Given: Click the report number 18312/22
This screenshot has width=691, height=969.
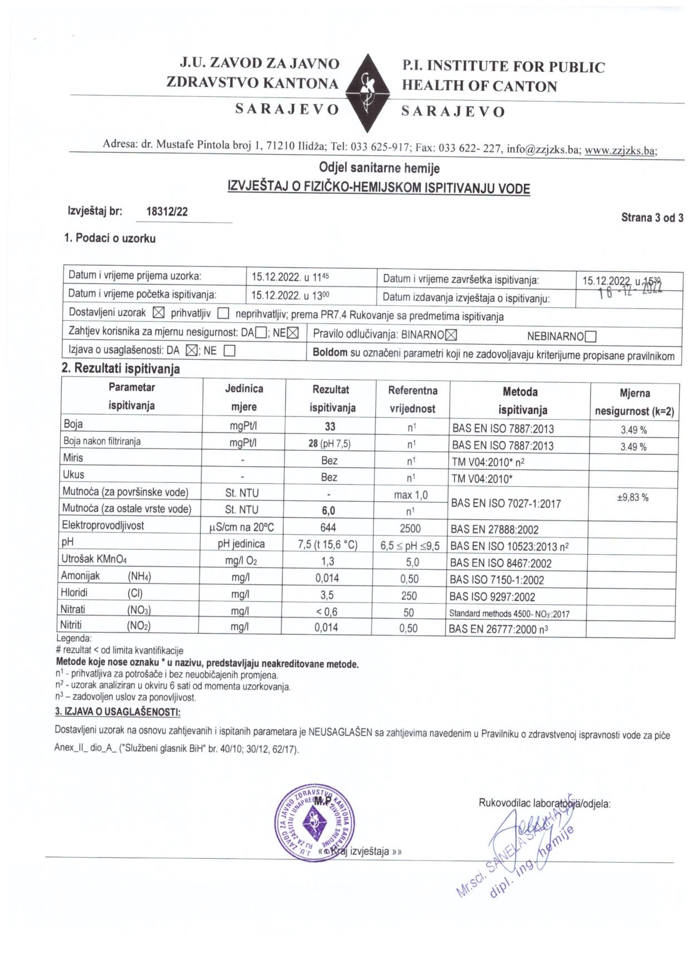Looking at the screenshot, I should click(167, 212).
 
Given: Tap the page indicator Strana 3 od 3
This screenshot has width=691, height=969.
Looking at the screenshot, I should click(652, 218).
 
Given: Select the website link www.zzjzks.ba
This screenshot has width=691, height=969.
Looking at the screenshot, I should click(620, 151).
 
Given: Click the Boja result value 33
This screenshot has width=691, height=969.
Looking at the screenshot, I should click(330, 427).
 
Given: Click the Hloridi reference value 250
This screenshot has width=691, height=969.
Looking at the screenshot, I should click(409, 596).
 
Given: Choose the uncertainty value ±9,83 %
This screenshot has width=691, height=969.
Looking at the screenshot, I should click(632, 497).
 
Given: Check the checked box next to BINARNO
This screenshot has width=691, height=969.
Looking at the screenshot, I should click(451, 335).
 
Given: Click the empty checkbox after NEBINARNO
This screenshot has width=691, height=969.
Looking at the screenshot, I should click(591, 336).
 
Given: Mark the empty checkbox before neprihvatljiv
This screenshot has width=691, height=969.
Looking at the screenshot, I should click(223, 314).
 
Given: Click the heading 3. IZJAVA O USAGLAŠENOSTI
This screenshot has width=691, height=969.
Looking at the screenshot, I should click(118, 712).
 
